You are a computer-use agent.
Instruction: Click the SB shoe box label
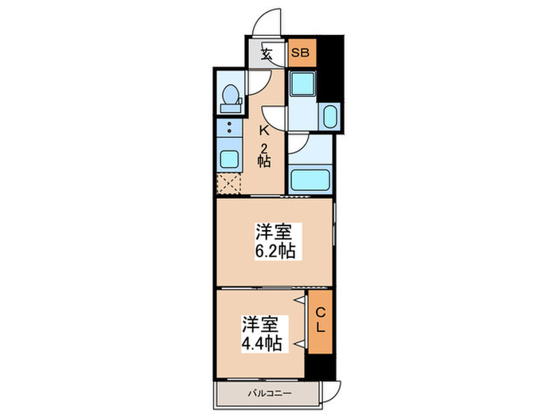tap(301, 54)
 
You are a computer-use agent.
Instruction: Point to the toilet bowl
tap(231, 97)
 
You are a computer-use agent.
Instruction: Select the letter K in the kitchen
tap(263, 131)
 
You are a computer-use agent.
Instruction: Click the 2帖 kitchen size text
tap(263, 154)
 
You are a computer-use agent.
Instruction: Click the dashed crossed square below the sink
tap(228, 186)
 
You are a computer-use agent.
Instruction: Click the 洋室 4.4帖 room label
tap(262, 334)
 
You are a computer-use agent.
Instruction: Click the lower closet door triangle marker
tap(300, 342)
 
